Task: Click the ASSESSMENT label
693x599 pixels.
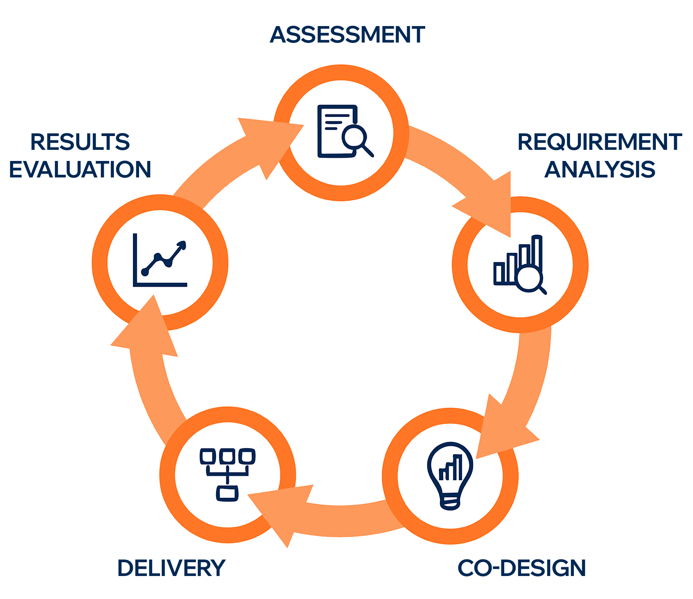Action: (347, 35)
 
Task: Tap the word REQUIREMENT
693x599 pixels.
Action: (600, 142)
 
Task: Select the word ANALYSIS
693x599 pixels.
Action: (600, 170)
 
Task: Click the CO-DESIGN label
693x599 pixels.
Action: (522, 568)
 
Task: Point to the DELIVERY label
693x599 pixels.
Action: (171, 568)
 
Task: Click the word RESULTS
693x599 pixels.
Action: (80, 142)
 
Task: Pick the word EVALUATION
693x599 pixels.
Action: (80, 170)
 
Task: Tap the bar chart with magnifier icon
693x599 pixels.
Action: (519, 264)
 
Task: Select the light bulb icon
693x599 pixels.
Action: (450, 475)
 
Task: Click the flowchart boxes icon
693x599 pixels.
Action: (228, 474)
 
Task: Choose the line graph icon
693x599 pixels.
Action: (160, 261)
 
